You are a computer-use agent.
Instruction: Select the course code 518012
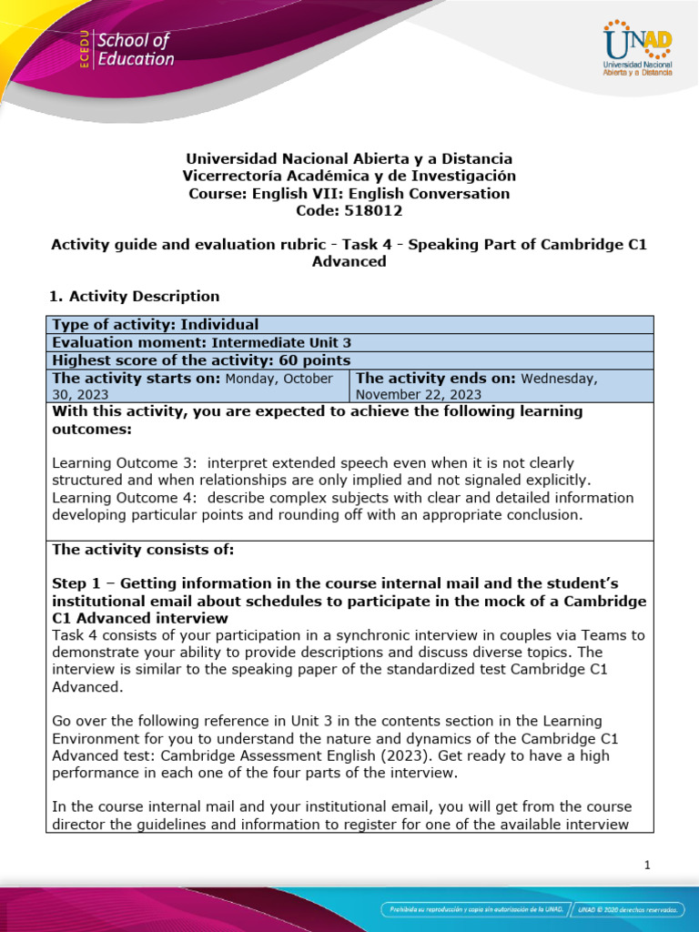pos(349,210)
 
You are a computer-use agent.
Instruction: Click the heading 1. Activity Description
pos(133,296)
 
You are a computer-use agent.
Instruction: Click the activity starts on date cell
pos(198,385)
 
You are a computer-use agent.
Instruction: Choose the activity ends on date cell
pos(501,385)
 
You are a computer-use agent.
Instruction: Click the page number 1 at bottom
pos(646,866)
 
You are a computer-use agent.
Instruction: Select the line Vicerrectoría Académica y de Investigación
pos(349,176)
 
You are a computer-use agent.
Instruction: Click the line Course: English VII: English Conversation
pos(349,193)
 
